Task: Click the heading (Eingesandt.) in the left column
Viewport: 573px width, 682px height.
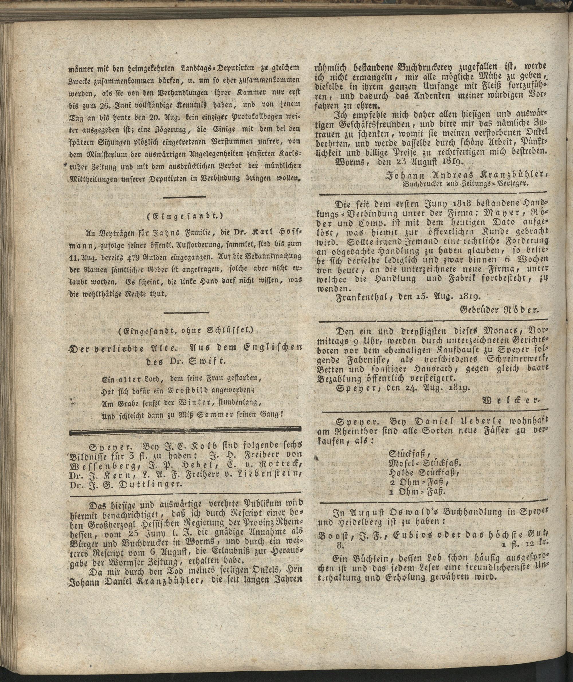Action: point(187,216)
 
